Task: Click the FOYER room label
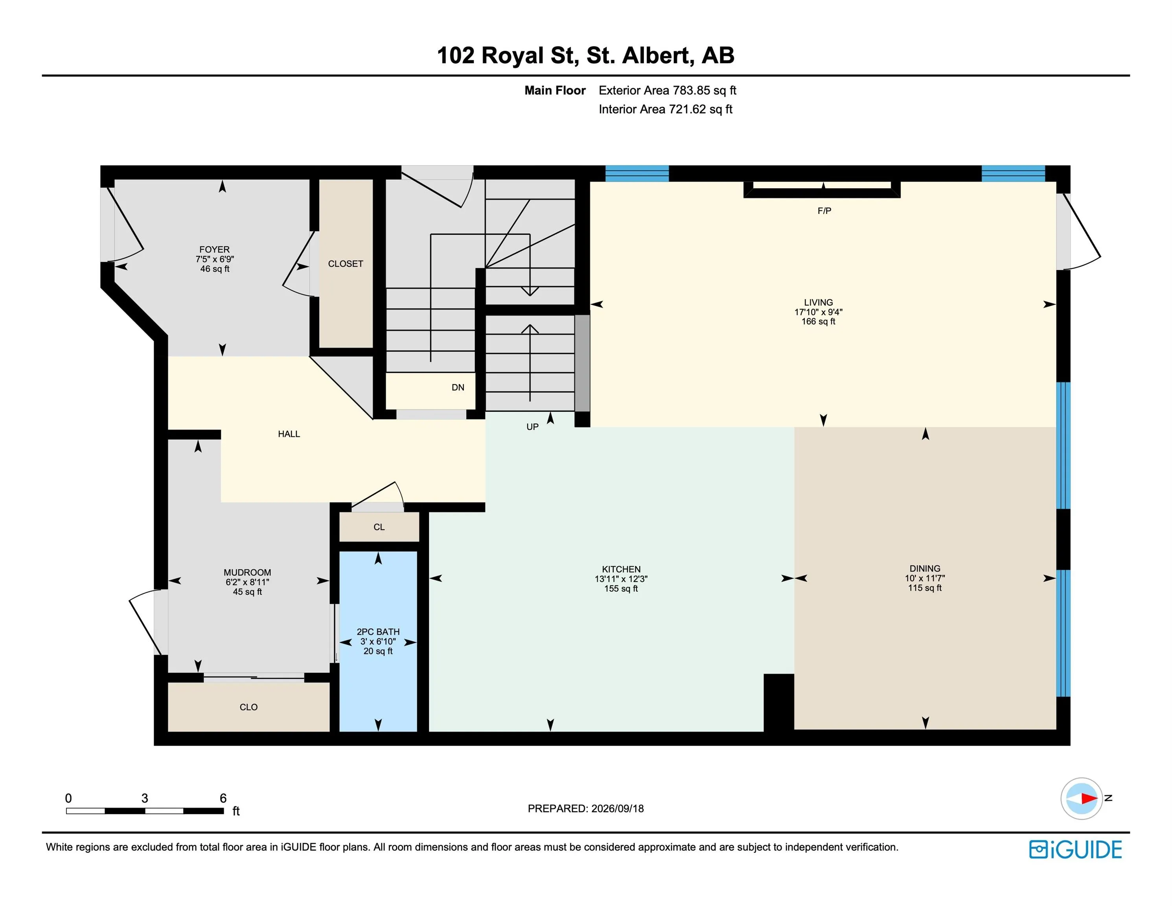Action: tap(214, 250)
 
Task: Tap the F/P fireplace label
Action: tap(824, 211)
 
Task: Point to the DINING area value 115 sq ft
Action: tap(925, 588)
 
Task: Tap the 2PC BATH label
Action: tap(378, 632)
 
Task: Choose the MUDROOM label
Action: tap(247, 573)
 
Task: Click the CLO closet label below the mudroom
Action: tap(248, 707)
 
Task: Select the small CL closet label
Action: tap(379, 527)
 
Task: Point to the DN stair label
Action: tap(458, 387)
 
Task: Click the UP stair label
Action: tap(532, 427)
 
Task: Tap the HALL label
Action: tap(289, 434)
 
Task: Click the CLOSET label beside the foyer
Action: tap(346, 264)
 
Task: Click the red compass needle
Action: tap(1089, 798)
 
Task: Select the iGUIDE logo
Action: tap(1075, 850)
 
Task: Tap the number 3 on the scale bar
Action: tap(145, 798)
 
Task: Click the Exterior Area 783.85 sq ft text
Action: tap(668, 91)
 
